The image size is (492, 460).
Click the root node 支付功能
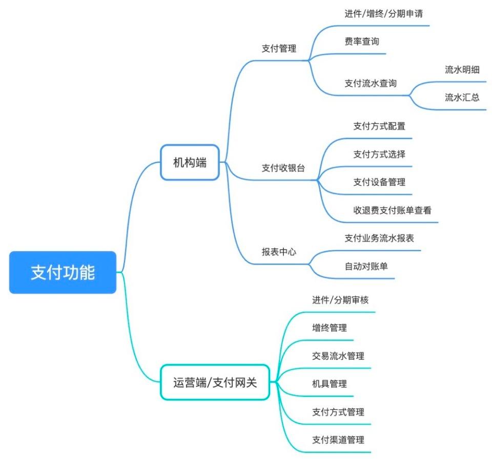pos(63,272)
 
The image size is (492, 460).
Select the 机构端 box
pos(191,163)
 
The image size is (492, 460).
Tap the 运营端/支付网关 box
pos(214,382)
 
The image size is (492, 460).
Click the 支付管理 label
pos(279,49)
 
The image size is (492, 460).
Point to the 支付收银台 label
pos(283,168)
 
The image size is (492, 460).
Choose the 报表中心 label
pos(279,252)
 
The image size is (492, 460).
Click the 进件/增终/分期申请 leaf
pos(383,14)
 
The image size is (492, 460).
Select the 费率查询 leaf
pos(362,42)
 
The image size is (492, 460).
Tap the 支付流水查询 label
pos(371,83)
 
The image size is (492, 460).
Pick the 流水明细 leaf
pos(462,70)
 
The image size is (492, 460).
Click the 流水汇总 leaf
pos(462,97)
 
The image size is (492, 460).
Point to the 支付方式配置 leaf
pos(379,126)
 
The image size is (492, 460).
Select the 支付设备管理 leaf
pos(379,182)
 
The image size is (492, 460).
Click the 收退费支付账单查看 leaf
pos(392,210)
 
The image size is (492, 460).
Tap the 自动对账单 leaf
pos(366,266)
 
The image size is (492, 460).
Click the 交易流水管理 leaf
pos(338,356)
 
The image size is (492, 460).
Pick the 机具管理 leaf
pos(330,384)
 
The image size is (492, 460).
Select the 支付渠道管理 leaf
pos(338,440)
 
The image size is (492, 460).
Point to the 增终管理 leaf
pos(330,328)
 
